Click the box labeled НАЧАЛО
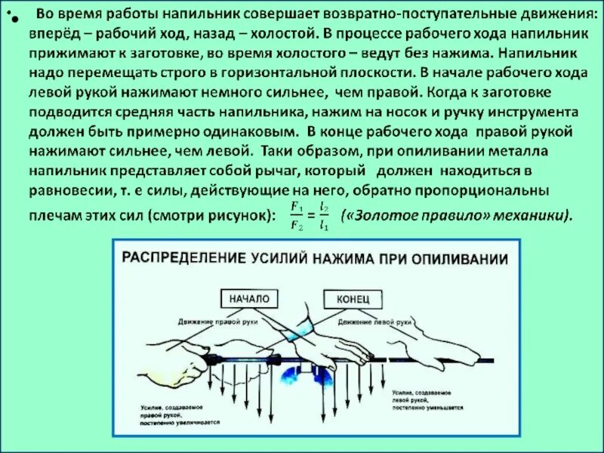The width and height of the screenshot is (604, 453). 248,299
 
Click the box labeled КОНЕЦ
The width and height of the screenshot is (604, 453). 353,299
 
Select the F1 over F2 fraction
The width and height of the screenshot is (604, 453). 297,214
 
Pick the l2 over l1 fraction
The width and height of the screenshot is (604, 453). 324,214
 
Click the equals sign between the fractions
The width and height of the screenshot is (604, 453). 310,214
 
